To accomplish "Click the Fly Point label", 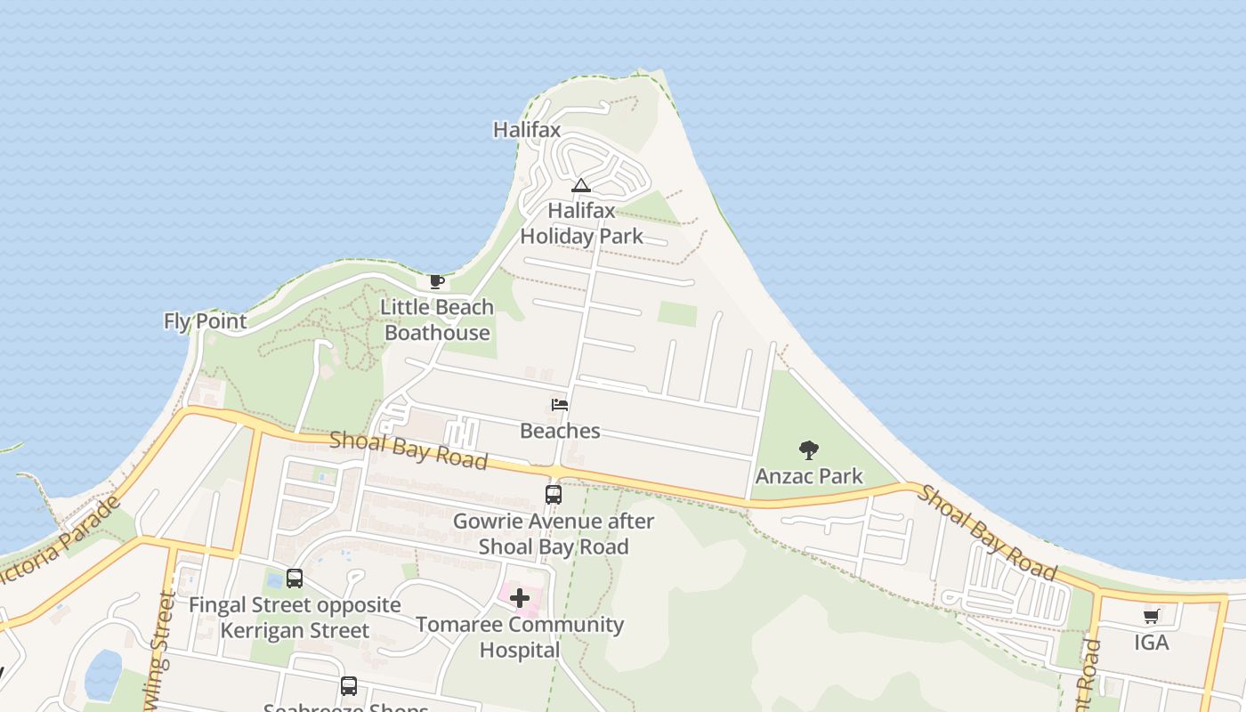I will click(205, 321).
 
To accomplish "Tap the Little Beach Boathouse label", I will click(437, 320).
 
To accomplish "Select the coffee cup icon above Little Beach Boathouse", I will click(436, 282).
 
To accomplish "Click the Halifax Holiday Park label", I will click(581, 223).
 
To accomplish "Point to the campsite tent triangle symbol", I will click(580, 185).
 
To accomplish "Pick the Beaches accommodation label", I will click(560, 431).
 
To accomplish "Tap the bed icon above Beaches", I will click(560, 405).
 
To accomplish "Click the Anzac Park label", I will click(809, 476).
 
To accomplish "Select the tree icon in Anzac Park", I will click(808, 449).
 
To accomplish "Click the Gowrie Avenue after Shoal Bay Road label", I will click(554, 534).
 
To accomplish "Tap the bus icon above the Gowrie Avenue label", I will click(554, 494).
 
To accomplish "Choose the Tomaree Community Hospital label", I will click(520, 637).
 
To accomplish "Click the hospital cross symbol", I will click(520, 598).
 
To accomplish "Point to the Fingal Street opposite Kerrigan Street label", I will click(295, 618).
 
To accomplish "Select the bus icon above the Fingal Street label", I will click(295, 578).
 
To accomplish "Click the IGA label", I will click(1151, 643).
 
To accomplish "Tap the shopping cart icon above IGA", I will click(1151, 616).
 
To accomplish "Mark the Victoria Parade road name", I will click(62, 538).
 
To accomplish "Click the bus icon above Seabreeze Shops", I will click(349, 686).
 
